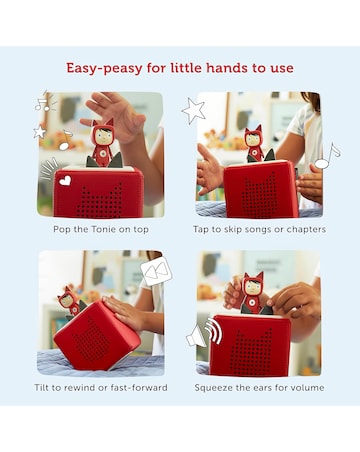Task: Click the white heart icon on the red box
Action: click(x=65, y=180)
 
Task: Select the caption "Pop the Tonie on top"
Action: click(x=101, y=229)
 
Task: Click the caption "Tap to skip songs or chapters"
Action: click(x=259, y=229)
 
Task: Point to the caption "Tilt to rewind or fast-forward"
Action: click(x=101, y=388)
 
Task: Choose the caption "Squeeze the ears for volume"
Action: click(x=259, y=388)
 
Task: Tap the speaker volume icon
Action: click(x=204, y=333)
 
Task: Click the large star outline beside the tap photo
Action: click(x=193, y=111)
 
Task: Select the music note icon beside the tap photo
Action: click(x=327, y=156)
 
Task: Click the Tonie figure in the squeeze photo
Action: click(x=252, y=294)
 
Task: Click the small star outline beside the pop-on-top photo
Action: click(x=40, y=132)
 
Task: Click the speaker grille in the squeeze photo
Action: click(x=249, y=350)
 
